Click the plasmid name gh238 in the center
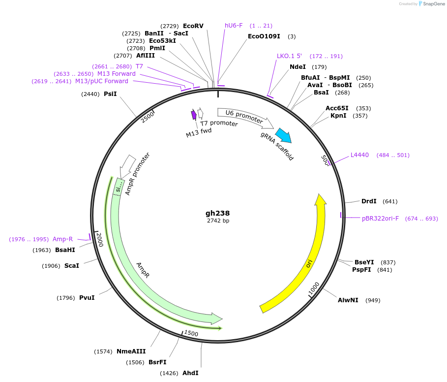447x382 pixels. click(217, 213)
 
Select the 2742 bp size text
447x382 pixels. click(218, 221)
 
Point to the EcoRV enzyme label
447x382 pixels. click(193, 26)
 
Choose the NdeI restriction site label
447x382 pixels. click(298, 67)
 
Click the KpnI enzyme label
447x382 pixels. click(338, 116)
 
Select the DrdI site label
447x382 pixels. click(369, 201)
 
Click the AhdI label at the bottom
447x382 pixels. click(190, 373)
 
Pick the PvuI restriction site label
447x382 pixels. click(87, 298)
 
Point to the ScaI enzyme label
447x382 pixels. click(71, 266)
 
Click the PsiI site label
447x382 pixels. click(110, 94)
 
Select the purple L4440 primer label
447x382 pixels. click(359, 155)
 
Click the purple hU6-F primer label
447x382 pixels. click(234, 26)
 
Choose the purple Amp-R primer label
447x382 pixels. click(62, 239)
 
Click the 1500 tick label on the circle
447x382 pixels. click(191, 334)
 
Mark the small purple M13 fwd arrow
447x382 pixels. click(194, 115)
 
